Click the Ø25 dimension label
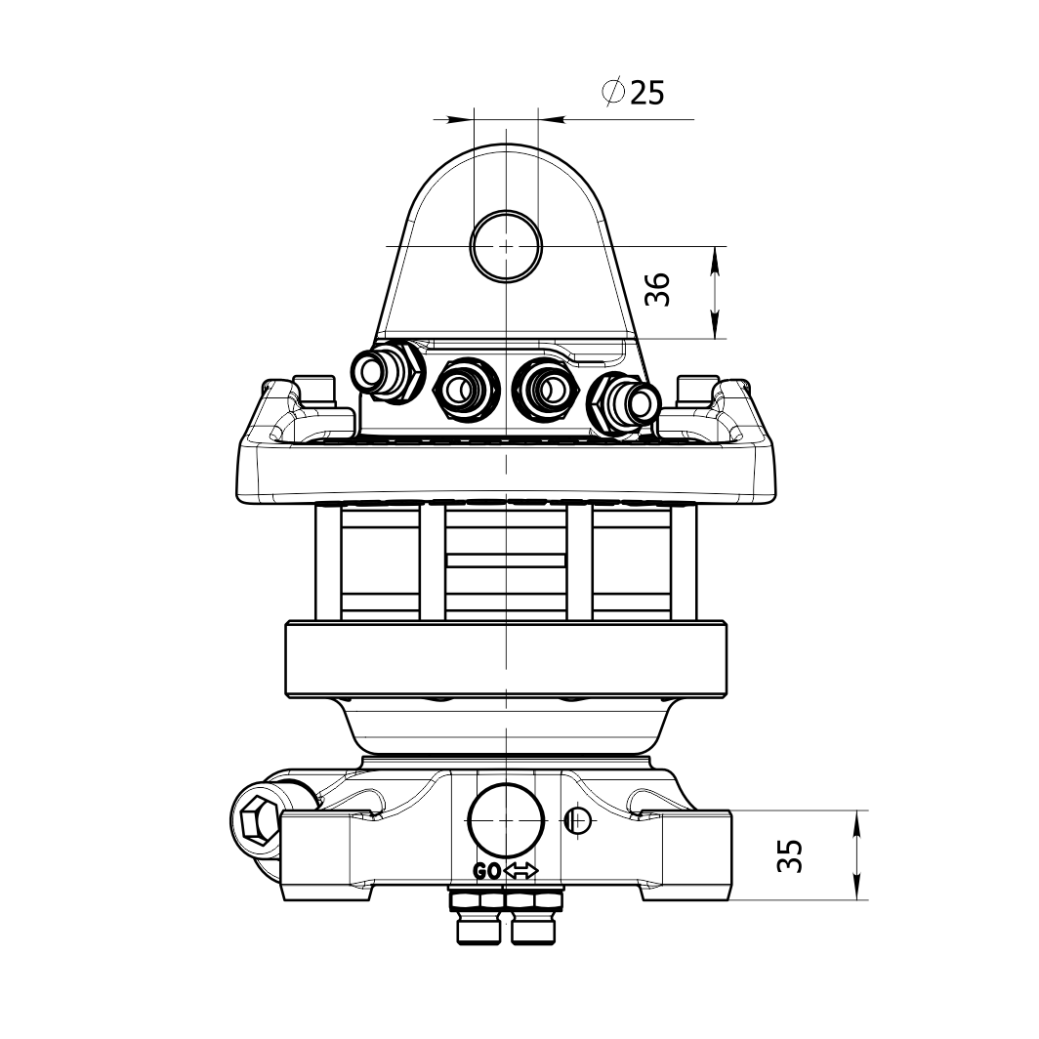point(633,92)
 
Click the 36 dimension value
point(658,289)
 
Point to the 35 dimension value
point(790,855)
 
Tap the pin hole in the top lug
point(506,246)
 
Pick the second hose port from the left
point(467,390)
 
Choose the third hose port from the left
point(546,390)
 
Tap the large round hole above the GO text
point(506,820)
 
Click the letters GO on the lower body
point(487,872)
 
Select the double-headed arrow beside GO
point(521,871)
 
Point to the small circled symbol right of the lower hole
point(578,821)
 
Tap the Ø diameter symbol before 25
point(613,92)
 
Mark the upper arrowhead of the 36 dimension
point(715,261)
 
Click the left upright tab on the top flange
point(313,390)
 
